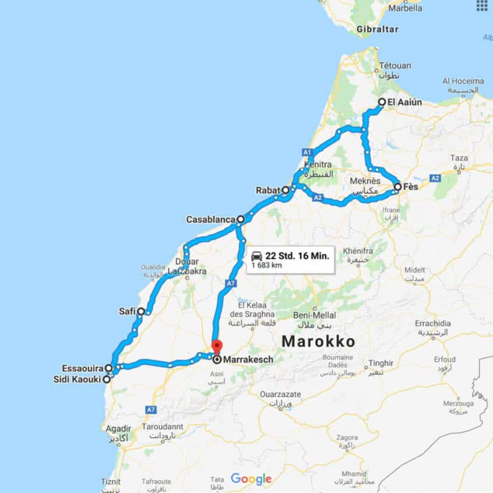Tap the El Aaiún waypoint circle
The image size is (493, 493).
pyautogui.click(x=382, y=102)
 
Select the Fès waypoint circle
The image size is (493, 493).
pyautogui.click(x=397, y=187)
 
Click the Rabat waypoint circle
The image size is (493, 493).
pyautogui.click(x=286, y=190)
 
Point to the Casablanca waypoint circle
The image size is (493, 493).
pyautogui.click(x=240, y=220)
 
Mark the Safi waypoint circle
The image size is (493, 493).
pyautogui.click(x=141, y=312)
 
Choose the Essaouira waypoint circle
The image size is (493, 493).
pyautogui.click(x=109, y=368)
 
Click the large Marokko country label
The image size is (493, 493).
pyautogui.click(x=318, y=341)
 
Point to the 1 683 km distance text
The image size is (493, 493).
pyautogui.click(x=267, y=266)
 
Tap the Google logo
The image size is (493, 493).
pyautogui.click(x=251, y=479)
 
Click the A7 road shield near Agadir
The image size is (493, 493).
pyautogui.click(x=151, y=410)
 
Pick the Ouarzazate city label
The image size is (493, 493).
pyautogui.click(x=280, y=395)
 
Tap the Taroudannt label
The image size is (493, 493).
pyautogui.click(x=163, y=427)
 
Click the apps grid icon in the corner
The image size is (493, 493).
pyautogui.click(x=481, y=5)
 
